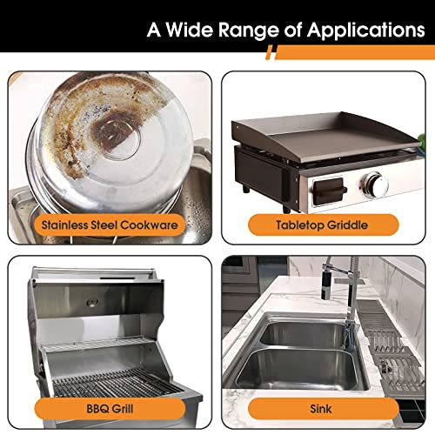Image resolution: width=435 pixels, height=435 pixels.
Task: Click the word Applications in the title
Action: tap(366, 30)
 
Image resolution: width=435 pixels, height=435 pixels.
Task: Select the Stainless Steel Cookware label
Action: tap(110, 225)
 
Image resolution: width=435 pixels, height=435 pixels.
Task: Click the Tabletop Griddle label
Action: tap(324, 225)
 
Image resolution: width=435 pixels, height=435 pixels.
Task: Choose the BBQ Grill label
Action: tap(110, 409)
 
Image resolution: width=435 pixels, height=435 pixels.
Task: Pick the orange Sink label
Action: tap(324, 409)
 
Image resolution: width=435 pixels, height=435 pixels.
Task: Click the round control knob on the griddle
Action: tap(376, 184)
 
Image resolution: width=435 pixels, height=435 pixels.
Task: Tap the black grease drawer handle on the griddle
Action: tap(330, 191)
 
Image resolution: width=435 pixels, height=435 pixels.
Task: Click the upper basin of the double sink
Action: tap(303, 333)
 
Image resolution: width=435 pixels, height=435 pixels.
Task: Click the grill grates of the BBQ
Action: tap(116, 383)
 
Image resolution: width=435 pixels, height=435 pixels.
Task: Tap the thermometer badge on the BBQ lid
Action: tap(92, 303)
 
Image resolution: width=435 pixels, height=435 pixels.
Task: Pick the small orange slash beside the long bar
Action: tap(269, 52)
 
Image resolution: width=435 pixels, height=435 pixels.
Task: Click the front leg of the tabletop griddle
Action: tap(286, 209)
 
